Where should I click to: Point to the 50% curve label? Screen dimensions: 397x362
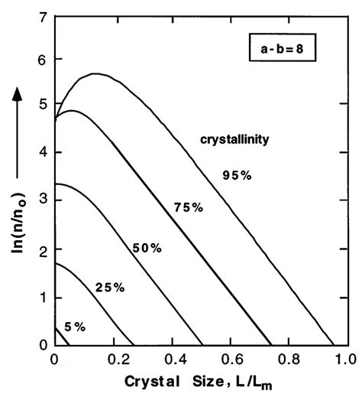point(146,248)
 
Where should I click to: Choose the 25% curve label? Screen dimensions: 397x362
point(109,287)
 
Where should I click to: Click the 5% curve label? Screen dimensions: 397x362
point(74,327)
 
